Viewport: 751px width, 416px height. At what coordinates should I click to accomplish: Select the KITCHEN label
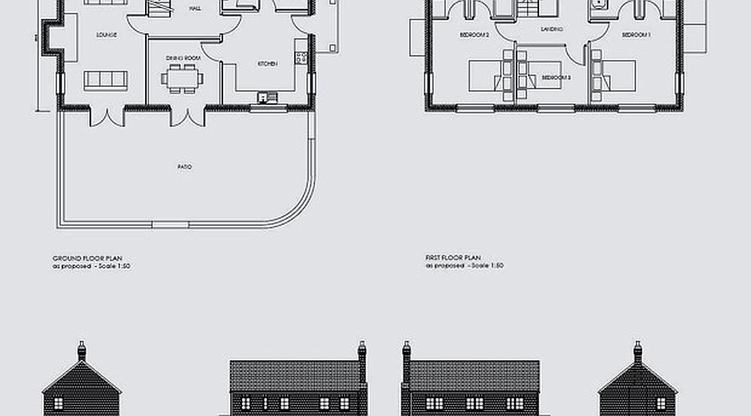(268, 64)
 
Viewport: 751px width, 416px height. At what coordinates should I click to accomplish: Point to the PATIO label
(185, 167)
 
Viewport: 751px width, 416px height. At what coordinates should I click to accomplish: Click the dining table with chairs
(181, 77)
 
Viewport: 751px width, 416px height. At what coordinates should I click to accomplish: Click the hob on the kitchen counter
(301, 56)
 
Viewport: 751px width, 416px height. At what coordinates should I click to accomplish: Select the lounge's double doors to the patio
(107, 117)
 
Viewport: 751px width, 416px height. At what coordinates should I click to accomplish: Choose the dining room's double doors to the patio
(187, 117)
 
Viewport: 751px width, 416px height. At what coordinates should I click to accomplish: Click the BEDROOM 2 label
(474, 35)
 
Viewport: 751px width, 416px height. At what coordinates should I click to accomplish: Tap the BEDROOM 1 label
(636, 35)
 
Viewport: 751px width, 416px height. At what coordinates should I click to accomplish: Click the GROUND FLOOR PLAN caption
(82, 258)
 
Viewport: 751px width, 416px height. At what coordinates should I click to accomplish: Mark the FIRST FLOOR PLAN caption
(453, 258)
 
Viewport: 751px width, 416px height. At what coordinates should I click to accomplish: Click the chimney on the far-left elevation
(81, 351)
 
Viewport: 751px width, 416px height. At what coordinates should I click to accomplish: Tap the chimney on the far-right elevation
(637, 351)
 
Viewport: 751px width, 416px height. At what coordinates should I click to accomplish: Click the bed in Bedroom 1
(613, 75)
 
